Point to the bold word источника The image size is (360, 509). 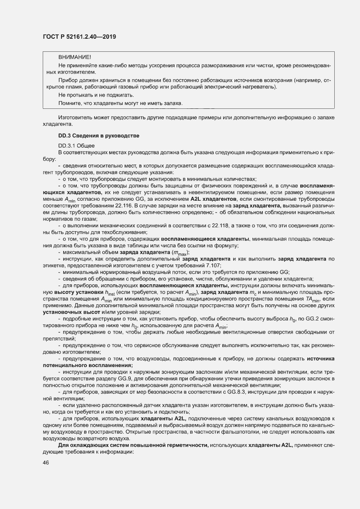320,359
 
